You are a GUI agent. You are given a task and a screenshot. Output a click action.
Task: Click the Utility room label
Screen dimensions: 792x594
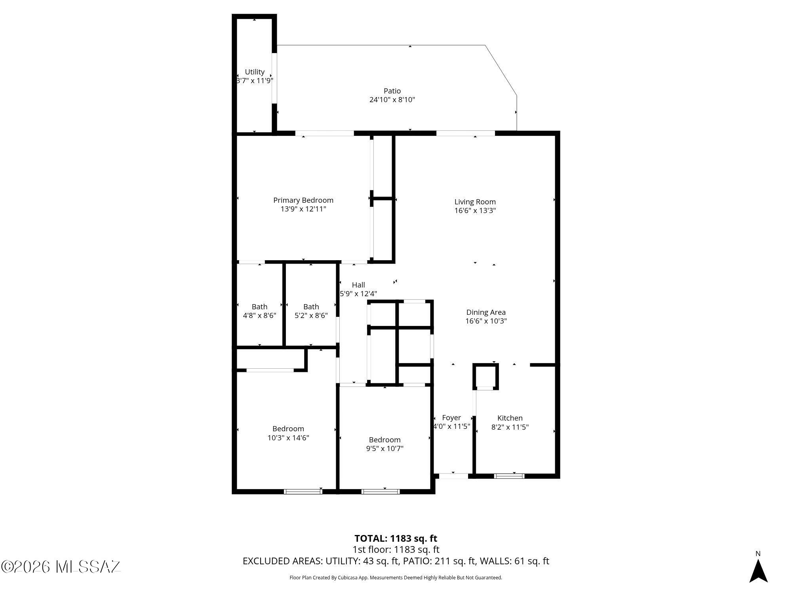coord(255,72)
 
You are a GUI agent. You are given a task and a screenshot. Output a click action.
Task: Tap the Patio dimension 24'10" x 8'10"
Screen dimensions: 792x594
coord(392,100)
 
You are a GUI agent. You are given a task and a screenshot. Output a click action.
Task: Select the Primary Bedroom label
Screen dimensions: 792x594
coord(303,200)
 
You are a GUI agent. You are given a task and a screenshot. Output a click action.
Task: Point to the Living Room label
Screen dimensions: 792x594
coord(475,202)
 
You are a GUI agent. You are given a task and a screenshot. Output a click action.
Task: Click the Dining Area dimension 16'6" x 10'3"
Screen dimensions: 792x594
coord(486,321)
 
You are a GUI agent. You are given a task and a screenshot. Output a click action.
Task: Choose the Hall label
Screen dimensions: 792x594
coord(358,285)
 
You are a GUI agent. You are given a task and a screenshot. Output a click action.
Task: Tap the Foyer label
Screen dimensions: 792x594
coord(451,418)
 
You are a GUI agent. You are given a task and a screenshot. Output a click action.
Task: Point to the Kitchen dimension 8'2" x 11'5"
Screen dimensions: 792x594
coord(510,427)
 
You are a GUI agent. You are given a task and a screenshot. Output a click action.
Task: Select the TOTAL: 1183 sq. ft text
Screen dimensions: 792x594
coord(396,539)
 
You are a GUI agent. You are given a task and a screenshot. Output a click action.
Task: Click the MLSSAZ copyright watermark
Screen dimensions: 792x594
coord(61,567)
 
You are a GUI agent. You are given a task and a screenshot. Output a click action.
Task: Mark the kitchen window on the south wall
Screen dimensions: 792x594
coord(509,476)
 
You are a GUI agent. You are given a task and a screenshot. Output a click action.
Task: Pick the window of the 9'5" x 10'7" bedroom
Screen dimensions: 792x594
coord(381,492)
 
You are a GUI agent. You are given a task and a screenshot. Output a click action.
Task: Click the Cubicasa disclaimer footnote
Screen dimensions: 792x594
coord(396,578)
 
